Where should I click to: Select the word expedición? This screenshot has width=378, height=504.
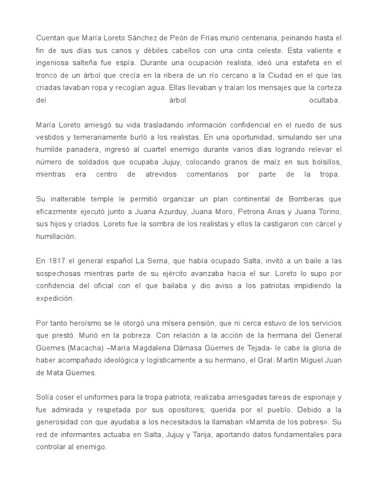tap(55, 298)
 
